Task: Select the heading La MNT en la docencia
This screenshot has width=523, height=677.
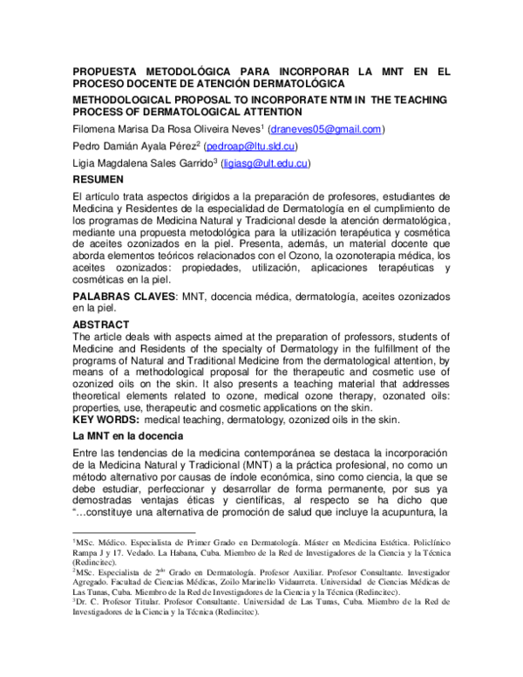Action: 127,434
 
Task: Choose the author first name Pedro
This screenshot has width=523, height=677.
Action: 89,147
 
